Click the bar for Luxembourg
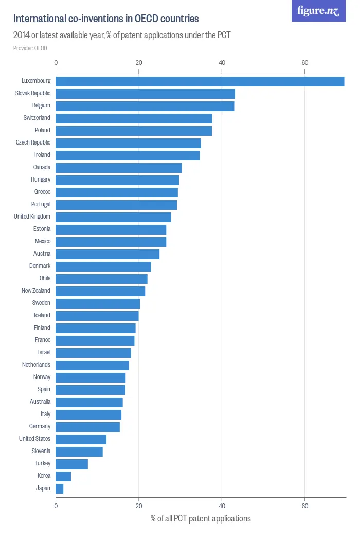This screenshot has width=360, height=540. pos(200,81)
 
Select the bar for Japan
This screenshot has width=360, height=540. pos(59,489)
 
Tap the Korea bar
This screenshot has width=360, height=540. pos(63,476)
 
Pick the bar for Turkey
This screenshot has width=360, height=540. pos(71,464)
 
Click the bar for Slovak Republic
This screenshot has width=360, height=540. pos(145,94)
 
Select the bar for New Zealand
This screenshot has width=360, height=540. pos(100,291)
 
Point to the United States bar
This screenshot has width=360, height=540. pos(81,439)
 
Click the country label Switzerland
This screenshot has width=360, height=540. pos(37,118)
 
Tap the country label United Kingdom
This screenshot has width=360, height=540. pos(32,217)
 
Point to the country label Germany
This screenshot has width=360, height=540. pos(40,426)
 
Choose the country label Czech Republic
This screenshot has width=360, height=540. pos(33,142)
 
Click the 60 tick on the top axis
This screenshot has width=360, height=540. pos(304,63)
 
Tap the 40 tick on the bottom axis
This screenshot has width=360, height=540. pos(222,506)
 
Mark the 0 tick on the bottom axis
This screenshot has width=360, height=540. pos(56,506)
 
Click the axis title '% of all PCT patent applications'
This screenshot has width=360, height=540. pos(201,518)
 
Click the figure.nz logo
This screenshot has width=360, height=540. pos(318,11)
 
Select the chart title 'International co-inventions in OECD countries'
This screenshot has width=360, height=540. pos(106,19)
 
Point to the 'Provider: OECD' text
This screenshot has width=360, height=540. pos(30,48)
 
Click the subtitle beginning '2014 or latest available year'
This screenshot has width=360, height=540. pos(122,35)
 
